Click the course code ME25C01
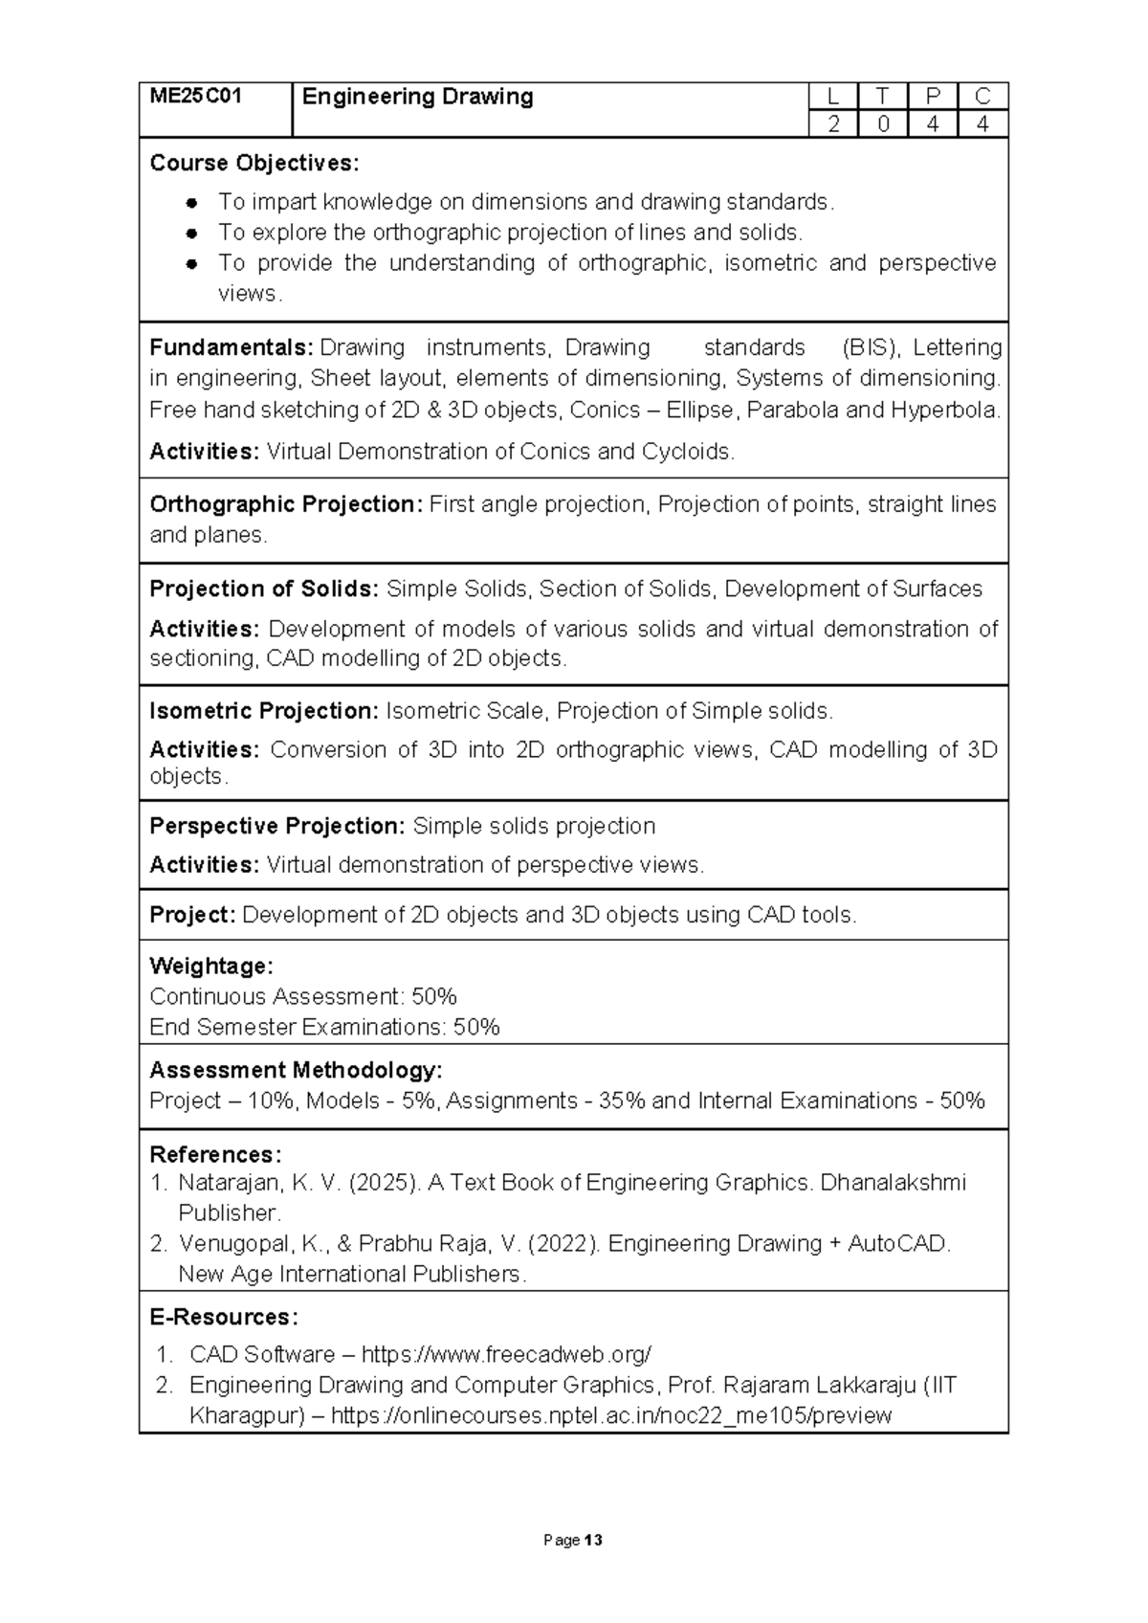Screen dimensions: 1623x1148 pos(195,96)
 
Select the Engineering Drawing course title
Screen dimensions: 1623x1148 pos(417,97)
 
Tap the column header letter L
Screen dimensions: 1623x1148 pos(833,96)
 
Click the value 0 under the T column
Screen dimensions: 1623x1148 pos(883,123)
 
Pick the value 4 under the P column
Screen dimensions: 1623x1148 pos(933,123)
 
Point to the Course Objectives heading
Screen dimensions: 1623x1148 pos(254,163)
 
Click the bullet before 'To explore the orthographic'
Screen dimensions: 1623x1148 pos(192,233)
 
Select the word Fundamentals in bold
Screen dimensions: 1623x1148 pos(232,347)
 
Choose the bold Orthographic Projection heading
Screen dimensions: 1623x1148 pos(285,504)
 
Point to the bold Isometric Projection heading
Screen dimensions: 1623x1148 pos(264,711)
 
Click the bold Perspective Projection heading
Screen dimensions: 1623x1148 pos(277,826)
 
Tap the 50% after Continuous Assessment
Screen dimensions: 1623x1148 pos(434,996)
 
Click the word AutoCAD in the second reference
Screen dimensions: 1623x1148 pos(898,1244)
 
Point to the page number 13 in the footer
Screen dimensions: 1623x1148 pos(594,1541)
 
